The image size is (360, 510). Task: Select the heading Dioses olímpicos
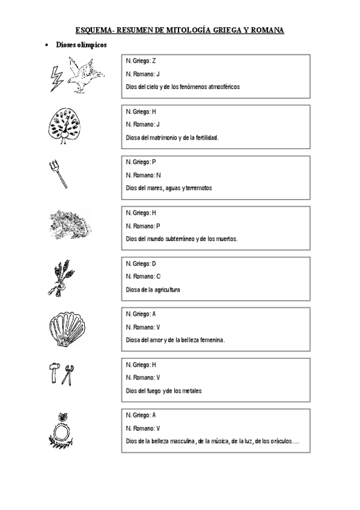(81, 45)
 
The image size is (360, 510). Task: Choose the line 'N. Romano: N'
(143, 175)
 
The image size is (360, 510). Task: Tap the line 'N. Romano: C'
(143, 276)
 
